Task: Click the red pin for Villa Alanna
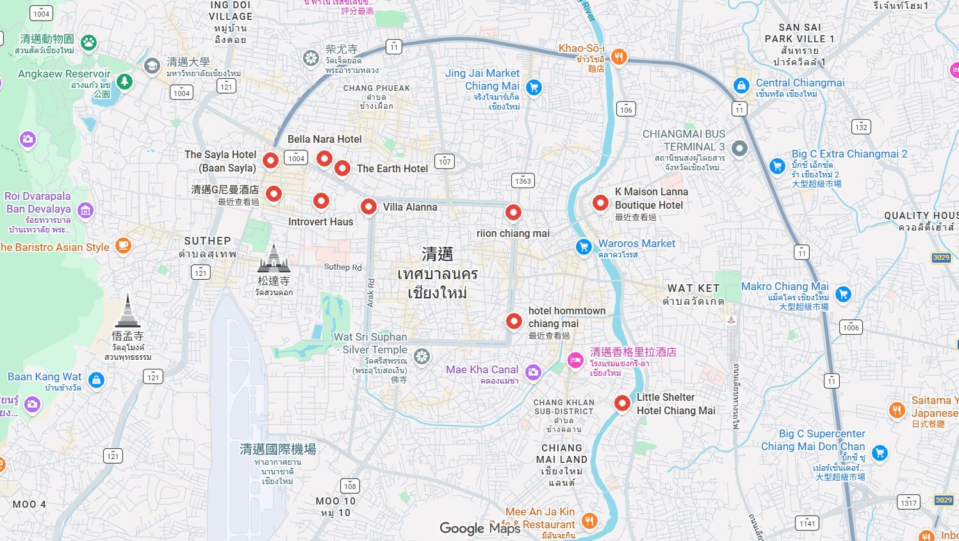(368, 206)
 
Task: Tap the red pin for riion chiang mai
(513, 212)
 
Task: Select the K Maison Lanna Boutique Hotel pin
(600, 203)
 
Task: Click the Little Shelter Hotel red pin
(622, 403)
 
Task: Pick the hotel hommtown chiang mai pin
(514, 321)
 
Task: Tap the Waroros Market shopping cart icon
(584, 246)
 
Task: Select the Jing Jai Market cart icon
(533, 87)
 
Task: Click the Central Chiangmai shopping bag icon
(741, 85)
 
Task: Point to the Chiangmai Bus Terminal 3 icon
(739, 149)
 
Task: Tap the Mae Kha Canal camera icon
(533, 372)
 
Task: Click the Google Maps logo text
(480, 528)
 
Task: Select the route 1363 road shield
(523, 181)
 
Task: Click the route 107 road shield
(445, 161)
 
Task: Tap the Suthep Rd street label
(343, 267)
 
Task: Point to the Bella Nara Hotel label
(324, 139)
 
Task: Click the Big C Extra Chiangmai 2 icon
(777, 166)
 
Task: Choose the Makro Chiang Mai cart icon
(843, 294)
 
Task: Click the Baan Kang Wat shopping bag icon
(96, 380)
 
